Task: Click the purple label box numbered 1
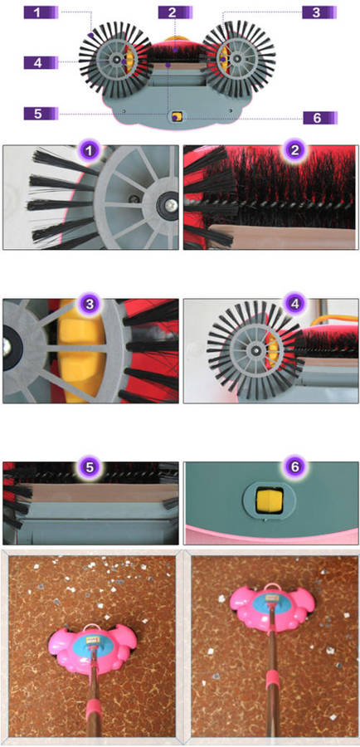41,12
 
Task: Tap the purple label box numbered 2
175,12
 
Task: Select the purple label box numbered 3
319,12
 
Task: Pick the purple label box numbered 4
41,62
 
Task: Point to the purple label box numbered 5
41,114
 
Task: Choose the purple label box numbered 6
320,118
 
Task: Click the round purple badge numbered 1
90,152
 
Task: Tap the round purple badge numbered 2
294,152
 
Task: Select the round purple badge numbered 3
90,304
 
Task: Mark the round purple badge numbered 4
294,304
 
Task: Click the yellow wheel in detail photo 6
268,500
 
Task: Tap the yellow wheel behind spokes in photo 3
81,350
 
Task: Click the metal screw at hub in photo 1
172,205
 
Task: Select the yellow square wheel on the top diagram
177,117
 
